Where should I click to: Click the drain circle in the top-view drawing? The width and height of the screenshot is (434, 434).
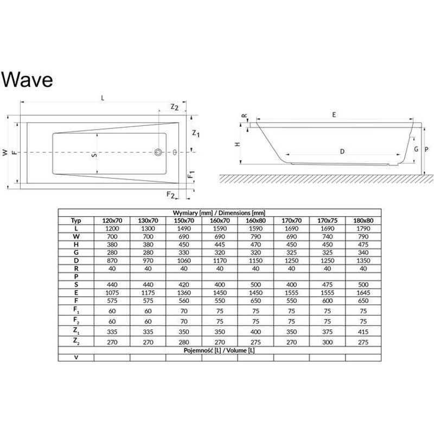coord(159,152)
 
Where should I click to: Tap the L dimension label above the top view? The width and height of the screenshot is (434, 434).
coord(103,98)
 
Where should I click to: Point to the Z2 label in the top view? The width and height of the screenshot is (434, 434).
coord(174,107)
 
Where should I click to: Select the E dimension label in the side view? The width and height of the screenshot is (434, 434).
coord(334,115)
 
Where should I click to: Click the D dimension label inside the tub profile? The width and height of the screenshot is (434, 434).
coord(342,151)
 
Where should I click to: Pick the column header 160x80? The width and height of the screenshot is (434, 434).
coord(256,221)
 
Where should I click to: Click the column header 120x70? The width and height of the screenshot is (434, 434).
coord(112,221)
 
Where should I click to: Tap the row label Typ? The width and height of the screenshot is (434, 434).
coord(76,221)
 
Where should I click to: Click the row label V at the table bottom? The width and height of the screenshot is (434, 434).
coord(76,358)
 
